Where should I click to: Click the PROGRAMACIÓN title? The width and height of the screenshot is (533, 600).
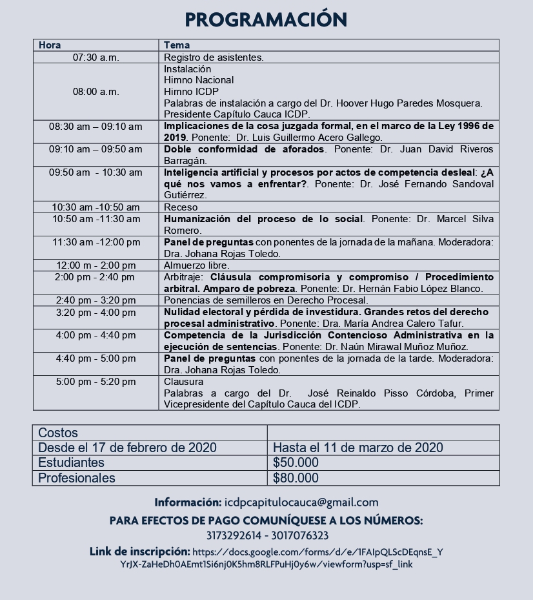[x=266, y=19]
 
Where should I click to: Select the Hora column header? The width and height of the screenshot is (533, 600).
[x=50, y=45]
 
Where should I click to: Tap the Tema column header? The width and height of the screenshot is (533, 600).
[x=177, y=45]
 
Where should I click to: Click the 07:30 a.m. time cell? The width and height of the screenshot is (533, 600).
[x=96, y=57]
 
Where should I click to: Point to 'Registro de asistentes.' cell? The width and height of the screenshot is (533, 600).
[x=214, y=57]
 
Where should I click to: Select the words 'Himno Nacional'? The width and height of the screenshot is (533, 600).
[x=199, y=80]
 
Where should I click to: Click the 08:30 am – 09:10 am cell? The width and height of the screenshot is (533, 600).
[x=96, y=127]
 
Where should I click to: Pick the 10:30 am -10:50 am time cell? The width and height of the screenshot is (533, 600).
[x=96, y=207]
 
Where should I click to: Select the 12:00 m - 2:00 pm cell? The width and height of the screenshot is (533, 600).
[x=96, y=265]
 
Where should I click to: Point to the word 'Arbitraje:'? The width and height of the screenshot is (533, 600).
[x=185, y=277]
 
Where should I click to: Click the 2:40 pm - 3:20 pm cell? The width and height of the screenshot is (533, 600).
[x=96, y=300]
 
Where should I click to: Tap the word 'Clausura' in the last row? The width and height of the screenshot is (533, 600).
[x=183, y=382]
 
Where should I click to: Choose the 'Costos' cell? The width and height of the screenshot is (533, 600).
[x=58, y=433]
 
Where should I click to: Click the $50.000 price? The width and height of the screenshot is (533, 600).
[x=296, y=463]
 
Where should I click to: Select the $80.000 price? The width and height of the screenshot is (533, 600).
[x=296, y=479]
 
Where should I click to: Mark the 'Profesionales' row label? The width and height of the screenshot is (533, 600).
[x=76, y=479]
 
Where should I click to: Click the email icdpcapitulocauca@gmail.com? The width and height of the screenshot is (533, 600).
[x=301, y=502]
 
